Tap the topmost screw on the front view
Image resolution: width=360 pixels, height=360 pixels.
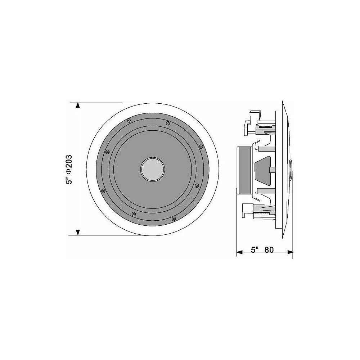pos(129,120)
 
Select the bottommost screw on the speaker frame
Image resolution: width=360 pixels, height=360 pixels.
pos(174,219)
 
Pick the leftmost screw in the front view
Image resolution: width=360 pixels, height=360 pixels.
pos(103,191)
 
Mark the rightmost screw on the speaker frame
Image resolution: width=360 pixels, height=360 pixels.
pos(201,146)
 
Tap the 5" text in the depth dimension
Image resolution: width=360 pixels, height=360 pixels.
pos(255,250)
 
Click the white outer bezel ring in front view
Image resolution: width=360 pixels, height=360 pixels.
pos(92,169)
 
